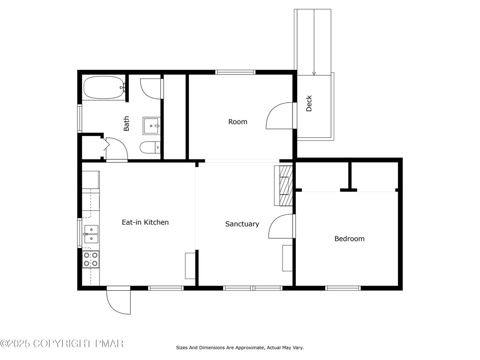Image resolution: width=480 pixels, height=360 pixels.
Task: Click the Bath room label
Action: [126, 123]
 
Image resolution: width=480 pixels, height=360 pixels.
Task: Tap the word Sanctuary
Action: [242, 224]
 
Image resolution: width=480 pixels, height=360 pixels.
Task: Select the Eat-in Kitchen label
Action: [145, 222]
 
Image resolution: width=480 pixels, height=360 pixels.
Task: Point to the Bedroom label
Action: [349, 239]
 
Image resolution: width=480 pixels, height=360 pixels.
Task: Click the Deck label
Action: [309, 104]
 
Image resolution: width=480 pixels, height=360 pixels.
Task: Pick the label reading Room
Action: [238, 122]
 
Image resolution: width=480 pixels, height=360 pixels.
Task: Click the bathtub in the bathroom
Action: [104, 88]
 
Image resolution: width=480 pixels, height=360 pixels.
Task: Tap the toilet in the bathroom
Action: [150, 148]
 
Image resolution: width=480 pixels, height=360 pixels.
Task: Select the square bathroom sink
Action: [151, 126]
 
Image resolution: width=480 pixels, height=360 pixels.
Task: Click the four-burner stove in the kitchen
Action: [91, 259]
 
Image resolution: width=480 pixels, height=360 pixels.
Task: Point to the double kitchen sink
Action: [91, 234]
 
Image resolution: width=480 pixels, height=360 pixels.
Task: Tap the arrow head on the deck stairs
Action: [314, 73]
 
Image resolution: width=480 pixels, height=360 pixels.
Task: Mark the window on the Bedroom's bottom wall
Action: [343, 288]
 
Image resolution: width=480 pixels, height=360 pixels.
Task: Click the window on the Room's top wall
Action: [235, 72]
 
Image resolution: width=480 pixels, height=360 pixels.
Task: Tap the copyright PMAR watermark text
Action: [62, 344]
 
